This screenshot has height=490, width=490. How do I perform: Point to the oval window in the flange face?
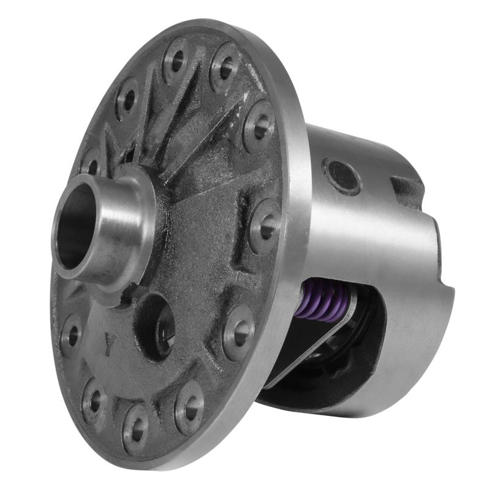(157, 325)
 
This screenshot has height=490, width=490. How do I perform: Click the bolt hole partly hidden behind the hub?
(91, 165)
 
